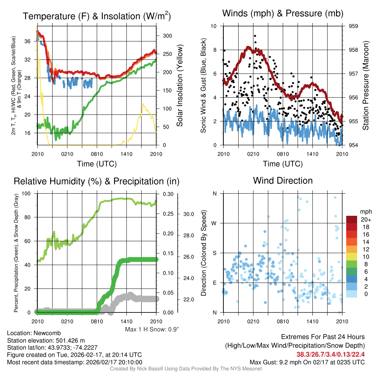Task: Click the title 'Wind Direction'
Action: [x=283, y=181]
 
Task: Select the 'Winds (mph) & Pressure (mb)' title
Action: [x=283, y=13]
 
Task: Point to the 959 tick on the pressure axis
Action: [x=353, y=26]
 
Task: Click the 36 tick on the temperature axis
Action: [x=31, y=41]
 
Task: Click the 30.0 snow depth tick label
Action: [x=188, y=214]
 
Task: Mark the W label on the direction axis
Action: [x=214, y=223]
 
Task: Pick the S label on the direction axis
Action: [x=215, y=253]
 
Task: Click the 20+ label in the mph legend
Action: [x=365, y=219]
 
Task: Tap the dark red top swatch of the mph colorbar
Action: [x=352, y=219]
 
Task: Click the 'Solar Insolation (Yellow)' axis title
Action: [x=180, y=86]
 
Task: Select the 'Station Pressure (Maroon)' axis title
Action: [x=366, y=86]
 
